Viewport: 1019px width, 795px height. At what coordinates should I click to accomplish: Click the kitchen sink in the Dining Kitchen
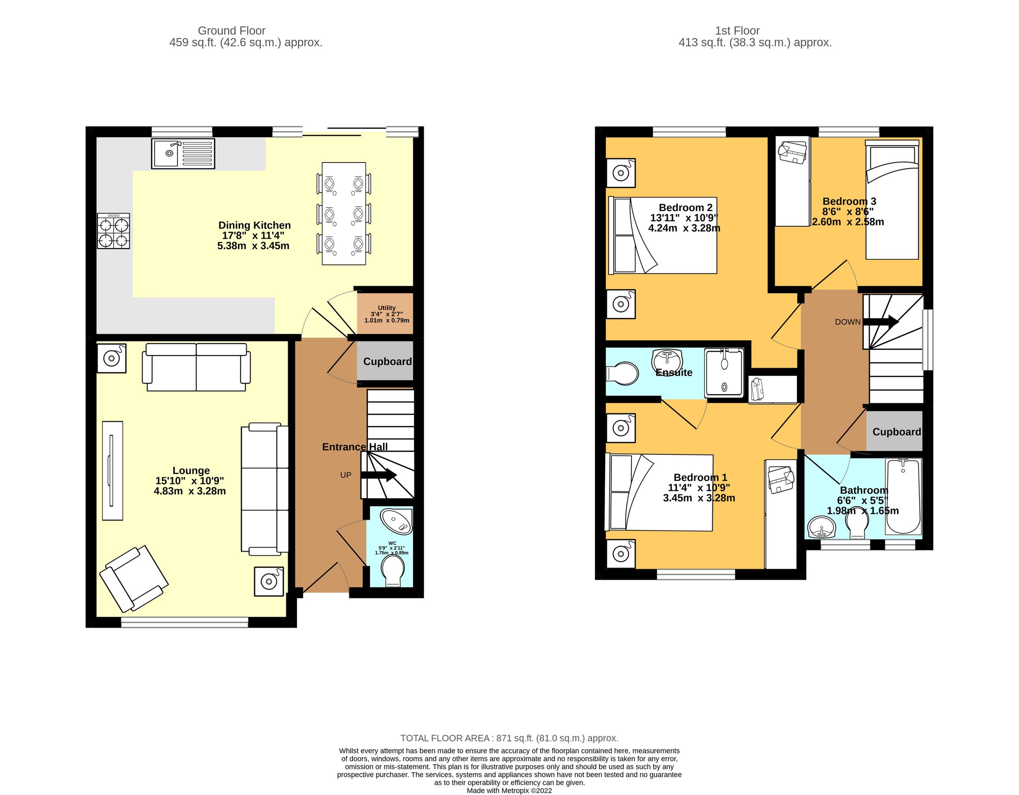(x=182, y=153)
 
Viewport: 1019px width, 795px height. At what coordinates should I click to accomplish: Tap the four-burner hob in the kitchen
(x=113, y=231)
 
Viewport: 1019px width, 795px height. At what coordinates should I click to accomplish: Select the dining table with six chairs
(x=344, y=213)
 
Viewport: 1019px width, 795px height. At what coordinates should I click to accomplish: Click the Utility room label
(x=386, y=308)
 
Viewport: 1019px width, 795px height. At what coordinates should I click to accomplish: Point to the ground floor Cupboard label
(x=387, y=361)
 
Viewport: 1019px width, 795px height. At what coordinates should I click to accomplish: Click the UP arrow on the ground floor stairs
(x=378, y=475)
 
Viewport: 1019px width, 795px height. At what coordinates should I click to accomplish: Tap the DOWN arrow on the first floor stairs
(x=880, y=321)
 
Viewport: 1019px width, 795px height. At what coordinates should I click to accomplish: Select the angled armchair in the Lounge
(x=133, y=579)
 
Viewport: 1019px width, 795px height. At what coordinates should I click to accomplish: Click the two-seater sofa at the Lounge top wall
(x=196, y=367)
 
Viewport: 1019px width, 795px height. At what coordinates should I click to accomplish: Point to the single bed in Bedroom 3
(x=891, y=199)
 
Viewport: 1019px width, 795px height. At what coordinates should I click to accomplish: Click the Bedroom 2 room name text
(x=685, y=207)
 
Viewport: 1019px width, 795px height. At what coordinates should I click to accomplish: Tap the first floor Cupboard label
(x=896, y=432)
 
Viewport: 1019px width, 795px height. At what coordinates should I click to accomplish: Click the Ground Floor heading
(x=231, y=31)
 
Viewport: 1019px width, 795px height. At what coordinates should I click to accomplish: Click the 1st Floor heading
(x=737, y=31)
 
